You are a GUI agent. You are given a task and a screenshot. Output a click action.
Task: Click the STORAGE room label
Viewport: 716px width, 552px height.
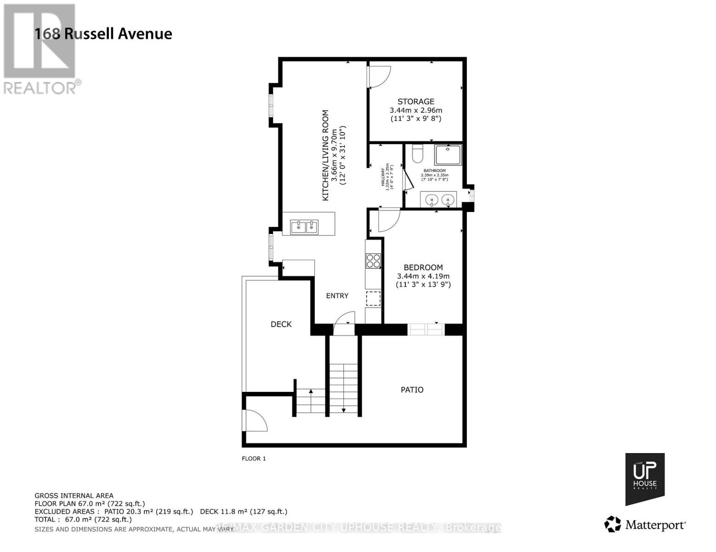(x=415, y=102)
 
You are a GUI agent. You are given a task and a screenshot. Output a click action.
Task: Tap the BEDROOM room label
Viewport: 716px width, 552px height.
(x=423, y=267)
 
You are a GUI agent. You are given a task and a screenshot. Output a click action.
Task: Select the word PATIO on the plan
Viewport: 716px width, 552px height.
(x=412, y=390)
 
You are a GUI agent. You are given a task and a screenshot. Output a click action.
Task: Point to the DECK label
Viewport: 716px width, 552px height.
(x=281, y=324)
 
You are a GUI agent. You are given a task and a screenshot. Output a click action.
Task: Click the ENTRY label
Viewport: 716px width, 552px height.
(x=337, y=296)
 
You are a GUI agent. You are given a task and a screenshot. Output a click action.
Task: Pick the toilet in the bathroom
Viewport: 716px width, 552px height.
(x=417, y=154)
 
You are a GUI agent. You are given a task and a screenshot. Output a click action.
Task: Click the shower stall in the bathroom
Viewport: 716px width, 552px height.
(x=448, y=155)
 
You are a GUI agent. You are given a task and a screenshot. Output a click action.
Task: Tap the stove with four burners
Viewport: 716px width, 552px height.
(x=373, y=261)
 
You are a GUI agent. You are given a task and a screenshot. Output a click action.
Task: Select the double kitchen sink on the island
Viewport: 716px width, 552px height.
(x=305, y=227)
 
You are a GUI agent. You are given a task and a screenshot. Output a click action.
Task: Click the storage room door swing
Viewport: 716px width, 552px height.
(x=379, y=76)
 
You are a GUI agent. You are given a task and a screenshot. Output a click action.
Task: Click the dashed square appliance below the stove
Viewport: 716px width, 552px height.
(x=373, y=298)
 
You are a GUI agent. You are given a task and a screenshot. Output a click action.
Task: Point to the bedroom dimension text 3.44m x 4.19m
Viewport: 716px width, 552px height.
(x=423, y=276)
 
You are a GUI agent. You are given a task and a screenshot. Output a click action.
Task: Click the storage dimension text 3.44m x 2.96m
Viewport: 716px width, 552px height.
(x=415, y=110)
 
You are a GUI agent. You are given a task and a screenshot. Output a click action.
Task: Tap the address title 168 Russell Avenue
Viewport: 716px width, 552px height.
(x=103, y=34)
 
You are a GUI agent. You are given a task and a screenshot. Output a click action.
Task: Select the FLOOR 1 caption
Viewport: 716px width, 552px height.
(x=254, y=459)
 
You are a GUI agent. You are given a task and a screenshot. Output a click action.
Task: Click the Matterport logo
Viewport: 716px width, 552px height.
(x=645, y=524)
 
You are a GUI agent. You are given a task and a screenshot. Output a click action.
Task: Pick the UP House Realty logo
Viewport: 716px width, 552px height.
(x=644, y=479)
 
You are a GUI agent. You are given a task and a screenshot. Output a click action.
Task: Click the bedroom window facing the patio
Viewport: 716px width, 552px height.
(x=426, y=329)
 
